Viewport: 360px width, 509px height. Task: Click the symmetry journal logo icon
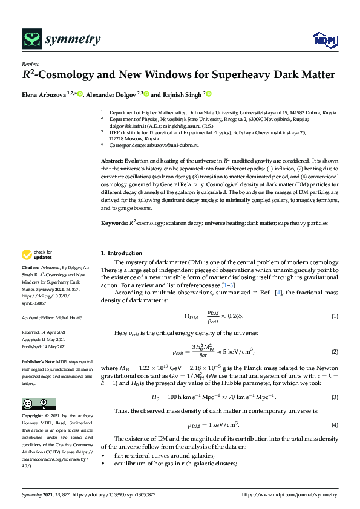(31, 40)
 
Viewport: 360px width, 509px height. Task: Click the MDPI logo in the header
(323, 40)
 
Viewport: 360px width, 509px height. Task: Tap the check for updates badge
(36, 255)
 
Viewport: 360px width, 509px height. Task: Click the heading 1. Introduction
(121, 253)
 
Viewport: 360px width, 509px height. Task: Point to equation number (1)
(334, 317)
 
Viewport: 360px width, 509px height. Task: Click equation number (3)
(334, 397)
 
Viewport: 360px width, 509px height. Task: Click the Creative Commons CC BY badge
(39, 404)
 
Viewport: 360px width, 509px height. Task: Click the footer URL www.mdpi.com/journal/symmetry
(292, 494)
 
